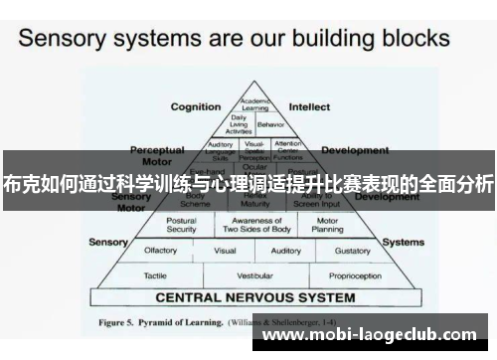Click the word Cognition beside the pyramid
tap(196, 106)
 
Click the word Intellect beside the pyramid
tap(309, 106)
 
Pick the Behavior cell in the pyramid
tap(268, 126)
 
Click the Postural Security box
tap(182, 225)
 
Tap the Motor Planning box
tap(327, 225)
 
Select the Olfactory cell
tap(161, 251)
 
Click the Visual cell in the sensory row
tap(225, 251)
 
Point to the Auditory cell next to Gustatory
tap(286, 251)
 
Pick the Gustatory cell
tap(352, 251)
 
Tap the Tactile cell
tap(154, 274)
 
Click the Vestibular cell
tap(254, 274)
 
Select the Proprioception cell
tap(355, 274)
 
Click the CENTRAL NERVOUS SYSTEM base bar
tap(254, 296)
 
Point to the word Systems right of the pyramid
tap(404, 242)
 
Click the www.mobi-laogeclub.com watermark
tap(375, 337)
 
